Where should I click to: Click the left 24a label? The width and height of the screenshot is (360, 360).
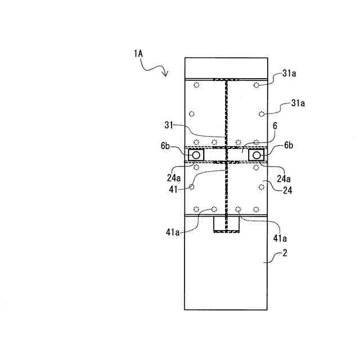tap(174, 178)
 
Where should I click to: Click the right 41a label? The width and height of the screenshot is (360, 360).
tap(280, 237)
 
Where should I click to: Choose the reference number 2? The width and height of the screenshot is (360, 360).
tap(284, 254)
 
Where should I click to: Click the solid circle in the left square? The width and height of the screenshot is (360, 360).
tap(197, 155)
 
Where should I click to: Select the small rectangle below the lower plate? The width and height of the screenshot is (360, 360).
tap(226, 224)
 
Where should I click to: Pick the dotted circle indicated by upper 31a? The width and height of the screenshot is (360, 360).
tap(256, 85)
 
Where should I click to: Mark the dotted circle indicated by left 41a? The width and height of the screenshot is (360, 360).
tap(214, 209)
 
